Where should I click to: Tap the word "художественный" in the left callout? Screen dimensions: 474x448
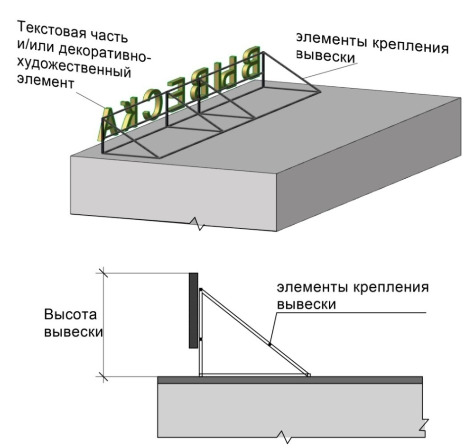click(74, 69)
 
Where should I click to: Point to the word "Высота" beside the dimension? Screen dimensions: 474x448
click(70, 314)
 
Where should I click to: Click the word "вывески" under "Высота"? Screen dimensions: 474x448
click(74, 332)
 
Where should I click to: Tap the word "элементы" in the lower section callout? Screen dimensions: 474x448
click(312, 287)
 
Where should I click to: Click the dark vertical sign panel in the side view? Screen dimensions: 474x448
click(194, 311)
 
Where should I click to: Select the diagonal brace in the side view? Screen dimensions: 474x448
click(255, 332)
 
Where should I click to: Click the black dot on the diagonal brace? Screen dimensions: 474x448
click(270, 344)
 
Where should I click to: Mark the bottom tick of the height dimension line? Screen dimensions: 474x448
click(103, 377)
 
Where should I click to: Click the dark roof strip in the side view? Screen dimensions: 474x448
click(290, 380)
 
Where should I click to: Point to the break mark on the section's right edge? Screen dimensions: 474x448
click(425, 425)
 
